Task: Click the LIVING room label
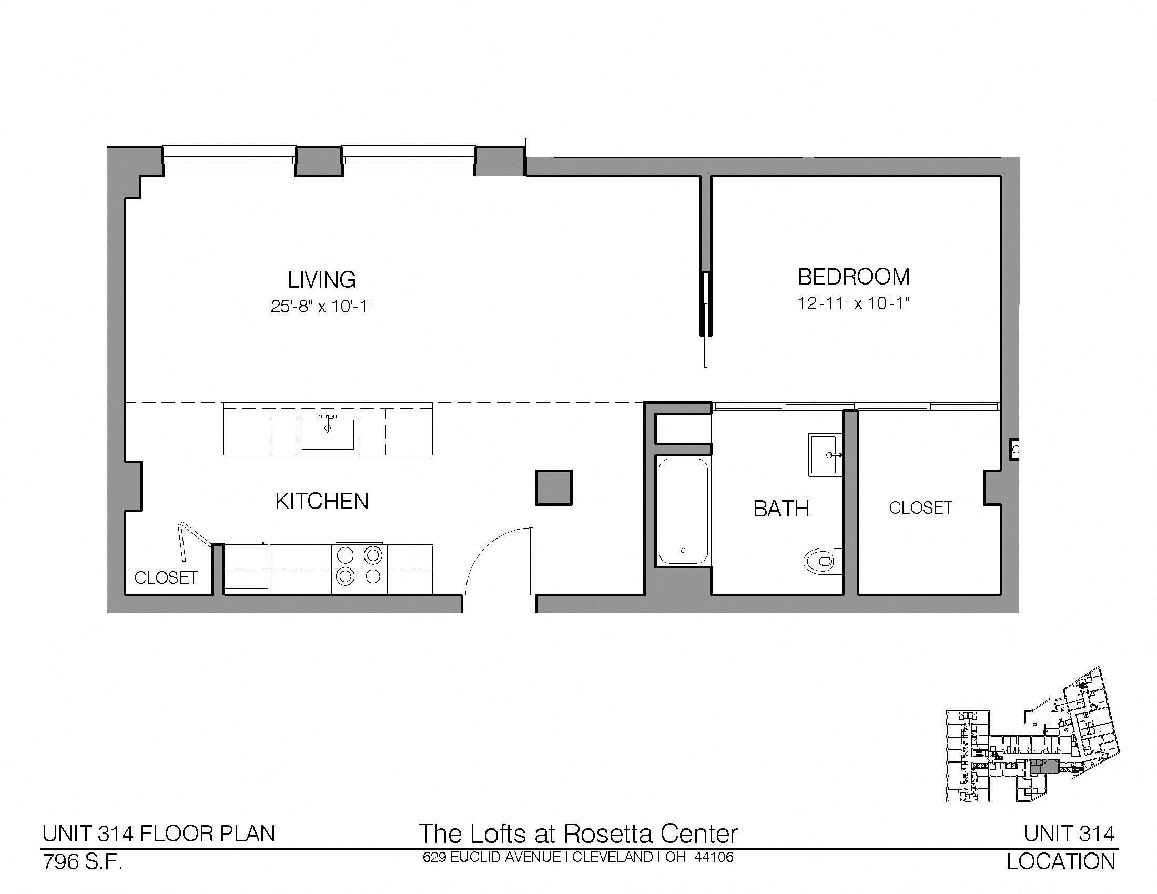point(321,279)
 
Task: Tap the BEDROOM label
point(854,277)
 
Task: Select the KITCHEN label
point(321,501)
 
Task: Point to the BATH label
point(781,509)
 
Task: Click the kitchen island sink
point(328,434)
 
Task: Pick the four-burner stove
point(359,567)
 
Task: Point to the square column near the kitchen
point(554,487)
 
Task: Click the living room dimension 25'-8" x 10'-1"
point(322,306)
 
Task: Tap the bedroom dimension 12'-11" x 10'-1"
point(854,303)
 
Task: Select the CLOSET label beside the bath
point(920,507)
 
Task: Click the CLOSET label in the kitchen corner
point(166,577)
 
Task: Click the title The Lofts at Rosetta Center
point(578,834)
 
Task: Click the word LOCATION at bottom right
point(1061,862)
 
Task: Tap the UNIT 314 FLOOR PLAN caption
point(159,834)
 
